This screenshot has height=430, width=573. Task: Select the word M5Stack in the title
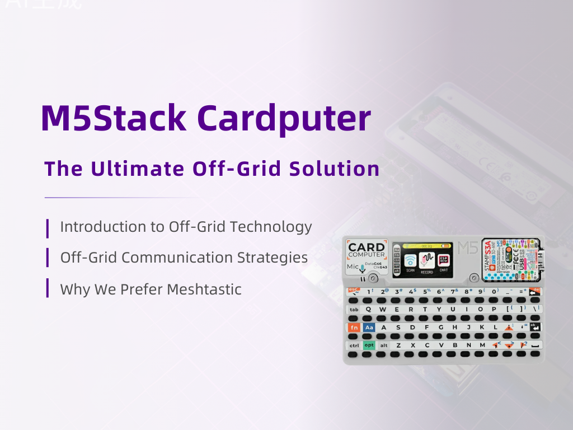coord(114,118)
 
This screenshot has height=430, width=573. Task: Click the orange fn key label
coord(354,328)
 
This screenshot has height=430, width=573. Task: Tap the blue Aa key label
coord(369,328)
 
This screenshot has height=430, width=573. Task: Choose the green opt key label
coord(369,345)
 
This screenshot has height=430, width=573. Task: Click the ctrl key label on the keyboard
coord(354,345)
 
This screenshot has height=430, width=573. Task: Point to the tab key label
coord(354,310)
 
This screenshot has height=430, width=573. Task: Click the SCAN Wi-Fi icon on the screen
coord(410,261)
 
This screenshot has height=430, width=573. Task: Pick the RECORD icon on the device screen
coord(427,261)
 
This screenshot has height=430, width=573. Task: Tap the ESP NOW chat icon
coord(444,261)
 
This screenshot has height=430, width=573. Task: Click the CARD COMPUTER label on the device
coord(367,250)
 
